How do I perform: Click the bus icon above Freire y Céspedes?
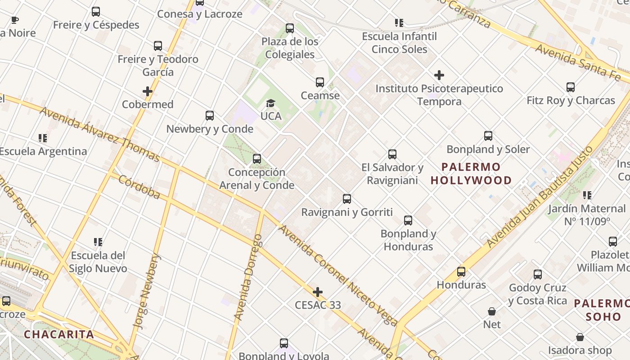tap(95, 12)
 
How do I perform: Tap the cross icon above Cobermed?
tap(148, 91)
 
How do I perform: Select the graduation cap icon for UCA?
tap(270, 103)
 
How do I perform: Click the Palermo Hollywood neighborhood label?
tap(471, 174)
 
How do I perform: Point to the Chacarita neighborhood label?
tap(59, 334)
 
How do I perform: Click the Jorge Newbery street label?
tap(147, 291)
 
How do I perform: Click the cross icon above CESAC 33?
tap(318, 292)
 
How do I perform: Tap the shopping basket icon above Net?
tap(492, 311)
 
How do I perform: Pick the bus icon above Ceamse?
tap(320, 82)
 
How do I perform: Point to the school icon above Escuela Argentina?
tap(43, 138)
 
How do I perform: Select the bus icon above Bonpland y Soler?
tap(488, 136)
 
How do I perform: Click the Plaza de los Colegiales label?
tap(290, 48)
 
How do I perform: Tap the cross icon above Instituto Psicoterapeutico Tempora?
tap(439, 75)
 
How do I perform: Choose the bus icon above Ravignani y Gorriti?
tap(347, 199)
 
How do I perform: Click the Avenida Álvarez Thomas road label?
tap(99, 134)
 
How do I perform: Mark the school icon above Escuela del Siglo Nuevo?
tap(98, 242)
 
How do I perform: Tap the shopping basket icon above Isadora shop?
tap(580, 337)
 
